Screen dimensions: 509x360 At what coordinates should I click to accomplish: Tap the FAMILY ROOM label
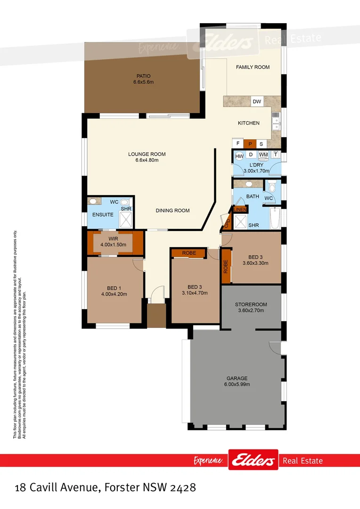pyautogui.click(x=253, y=67)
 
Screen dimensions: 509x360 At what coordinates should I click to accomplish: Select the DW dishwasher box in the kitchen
pyautogui.click(x=256, y=102)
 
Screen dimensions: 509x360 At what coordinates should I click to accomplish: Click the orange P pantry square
pyautogui.click(x=250, y=144)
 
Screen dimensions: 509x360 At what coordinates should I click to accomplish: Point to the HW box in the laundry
pyautogui.click(x=239, y=156)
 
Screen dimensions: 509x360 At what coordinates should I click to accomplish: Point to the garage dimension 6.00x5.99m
pyautogui.click(x=237, y=384)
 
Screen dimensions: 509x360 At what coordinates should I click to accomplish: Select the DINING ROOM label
pyautogui.click(x=172, y=210)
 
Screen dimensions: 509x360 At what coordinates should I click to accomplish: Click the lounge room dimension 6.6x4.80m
pyautogui.click(x=147, y=160)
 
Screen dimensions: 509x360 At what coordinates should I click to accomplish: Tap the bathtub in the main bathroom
pyautogui.click(x=276, y=219)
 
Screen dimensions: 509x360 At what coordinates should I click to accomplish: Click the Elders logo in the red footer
pyautogui.click(x=253, y=460)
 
